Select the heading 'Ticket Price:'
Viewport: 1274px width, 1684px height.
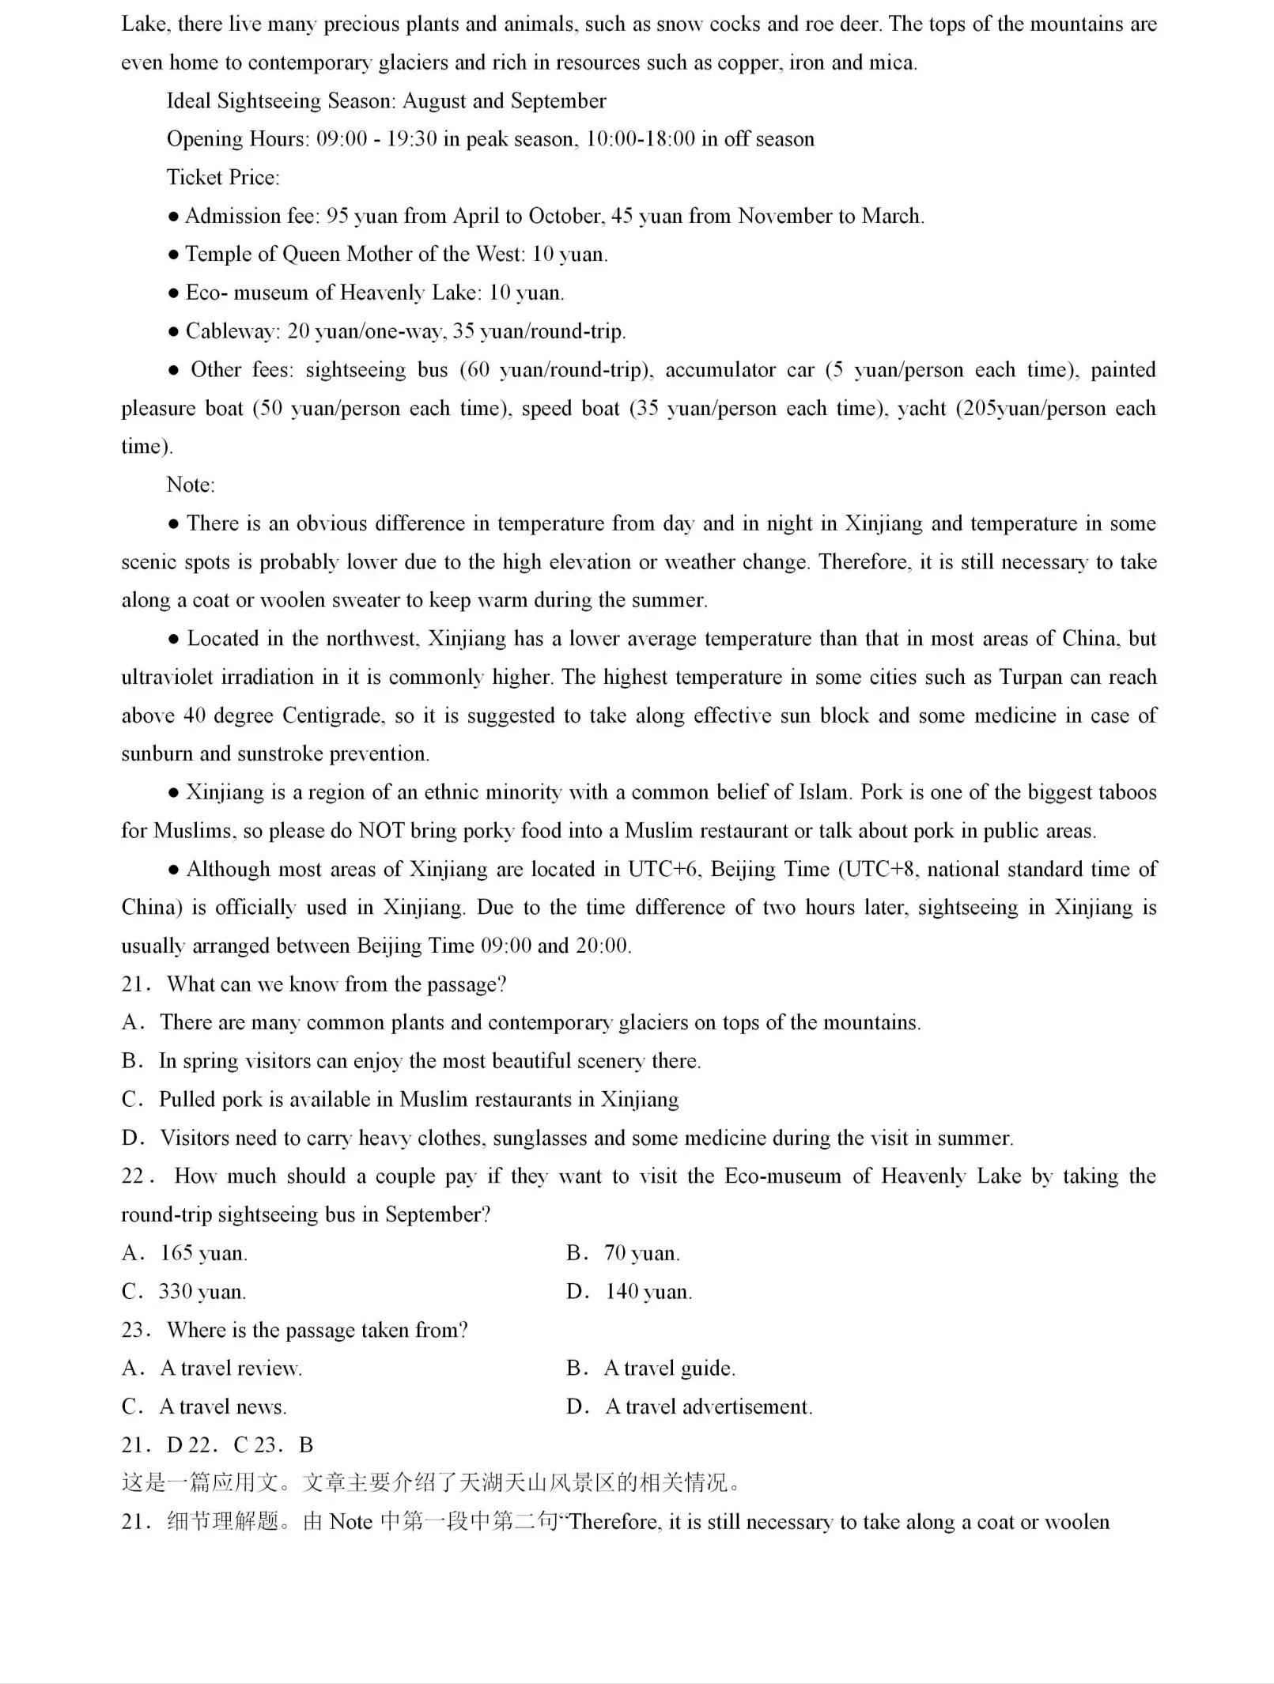(223, 177)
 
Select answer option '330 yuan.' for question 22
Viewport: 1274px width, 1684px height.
(202, 1292)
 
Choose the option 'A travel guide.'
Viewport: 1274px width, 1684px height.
(669, 1369)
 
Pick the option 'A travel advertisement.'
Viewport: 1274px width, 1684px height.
(709, 1406)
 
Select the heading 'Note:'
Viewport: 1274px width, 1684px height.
(191, 485)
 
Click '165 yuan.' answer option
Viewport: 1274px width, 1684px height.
(203, 1253)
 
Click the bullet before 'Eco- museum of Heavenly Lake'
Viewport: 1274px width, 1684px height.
(174, 293)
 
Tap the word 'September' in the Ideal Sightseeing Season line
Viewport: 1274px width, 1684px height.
(558, 101)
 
